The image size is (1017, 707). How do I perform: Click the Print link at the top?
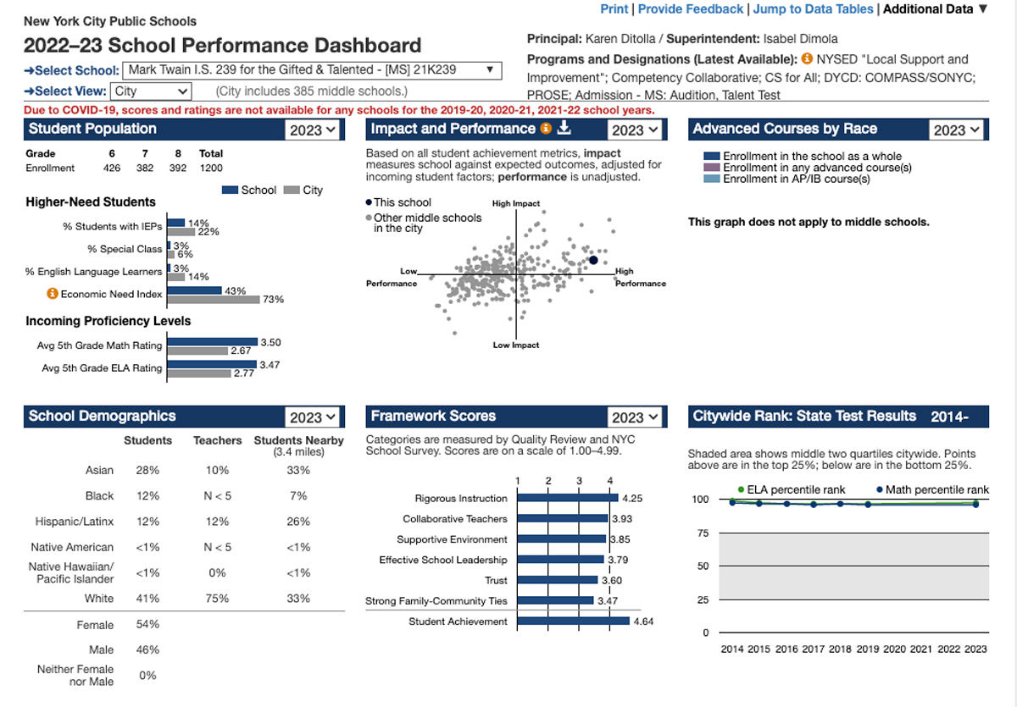click(x=614, y=8)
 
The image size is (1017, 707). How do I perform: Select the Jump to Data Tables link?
click(x=812, y=8)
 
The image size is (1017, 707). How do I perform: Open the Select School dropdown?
click(x=312, y=70)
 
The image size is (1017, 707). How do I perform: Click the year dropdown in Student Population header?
click(x=313, y=130)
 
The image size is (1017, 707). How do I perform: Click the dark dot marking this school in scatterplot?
click(x=593, y=261)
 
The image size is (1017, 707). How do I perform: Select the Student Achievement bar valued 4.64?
click(x=573, y=621)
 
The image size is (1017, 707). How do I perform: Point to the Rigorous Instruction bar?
click(x=567, y=499)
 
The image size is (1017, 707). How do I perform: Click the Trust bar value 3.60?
click(x=611, y=581)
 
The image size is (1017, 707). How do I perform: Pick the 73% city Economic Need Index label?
click(x=273, y=299)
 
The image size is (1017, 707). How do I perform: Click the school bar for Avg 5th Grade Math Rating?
click(x=212, y=342)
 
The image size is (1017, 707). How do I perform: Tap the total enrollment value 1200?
click(x=211, y=168)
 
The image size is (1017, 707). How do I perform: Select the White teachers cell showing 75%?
click(x=217, y=599)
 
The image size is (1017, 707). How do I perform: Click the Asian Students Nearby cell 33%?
click(x=298, y=470)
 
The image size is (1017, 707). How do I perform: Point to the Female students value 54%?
click(x=147, y=625)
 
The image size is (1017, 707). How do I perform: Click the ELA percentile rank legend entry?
click(x=783, y=489)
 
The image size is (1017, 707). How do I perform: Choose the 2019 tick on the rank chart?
click(x=867, y=649)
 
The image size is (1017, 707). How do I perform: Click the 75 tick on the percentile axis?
click(x=702, y=533)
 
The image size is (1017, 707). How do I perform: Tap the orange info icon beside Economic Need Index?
click(x=52, y=294)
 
